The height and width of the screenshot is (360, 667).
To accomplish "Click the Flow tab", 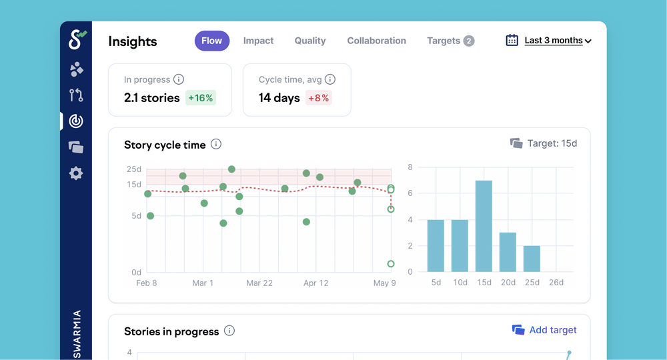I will [212, 41].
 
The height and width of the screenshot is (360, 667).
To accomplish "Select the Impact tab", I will [258, 41].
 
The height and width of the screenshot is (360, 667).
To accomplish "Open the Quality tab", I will [310, 41].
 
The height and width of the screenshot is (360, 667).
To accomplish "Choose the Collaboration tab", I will [376, 41].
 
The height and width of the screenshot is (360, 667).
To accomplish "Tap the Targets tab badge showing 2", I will [469, 41].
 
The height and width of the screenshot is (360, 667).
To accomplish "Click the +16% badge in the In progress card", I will [200, 98].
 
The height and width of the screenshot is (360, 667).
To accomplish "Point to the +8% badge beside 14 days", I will [318, 98].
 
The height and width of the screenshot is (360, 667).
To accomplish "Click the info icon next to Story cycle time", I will [216, 144].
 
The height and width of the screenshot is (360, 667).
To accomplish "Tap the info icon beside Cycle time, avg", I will [329, 79].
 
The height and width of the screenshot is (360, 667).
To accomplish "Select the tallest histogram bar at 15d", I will [484, 226].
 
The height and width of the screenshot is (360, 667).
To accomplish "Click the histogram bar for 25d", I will [532, 259].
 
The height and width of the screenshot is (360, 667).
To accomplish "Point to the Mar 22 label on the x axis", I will [259, 283].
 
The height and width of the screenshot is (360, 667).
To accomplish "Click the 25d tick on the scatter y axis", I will [133, 169].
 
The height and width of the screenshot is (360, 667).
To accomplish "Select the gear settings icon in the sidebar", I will [76, 173].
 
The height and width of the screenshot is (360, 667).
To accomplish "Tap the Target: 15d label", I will [544, 143].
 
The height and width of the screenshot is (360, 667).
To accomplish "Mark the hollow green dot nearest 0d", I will [391, 264].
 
